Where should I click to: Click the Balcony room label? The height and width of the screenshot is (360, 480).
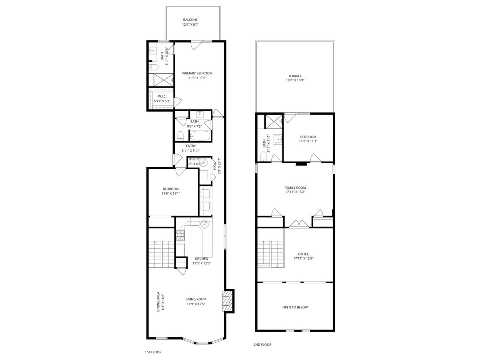click(190, 20)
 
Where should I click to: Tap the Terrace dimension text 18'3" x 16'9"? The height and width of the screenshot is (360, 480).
click(295, 80)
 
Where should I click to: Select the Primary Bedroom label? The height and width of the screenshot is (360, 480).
click(197, 73)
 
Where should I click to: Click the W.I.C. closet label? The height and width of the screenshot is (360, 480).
click(162, 96)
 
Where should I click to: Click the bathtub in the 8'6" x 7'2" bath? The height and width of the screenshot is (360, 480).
click(200, 136)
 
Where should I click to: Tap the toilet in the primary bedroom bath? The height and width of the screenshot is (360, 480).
click(153, 68)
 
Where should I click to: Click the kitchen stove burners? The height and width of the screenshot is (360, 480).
click(180, 236)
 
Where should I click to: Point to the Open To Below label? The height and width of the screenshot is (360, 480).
click(295, 307)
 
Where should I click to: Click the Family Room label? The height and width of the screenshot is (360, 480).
click(295, 188)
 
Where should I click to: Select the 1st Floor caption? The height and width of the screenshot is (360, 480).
click(153, 352)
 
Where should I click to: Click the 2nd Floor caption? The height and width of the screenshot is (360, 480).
click(262, 345)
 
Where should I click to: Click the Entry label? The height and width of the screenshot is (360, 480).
click(191, 146)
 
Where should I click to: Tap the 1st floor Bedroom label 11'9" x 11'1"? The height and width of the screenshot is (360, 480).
click(171, 189)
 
